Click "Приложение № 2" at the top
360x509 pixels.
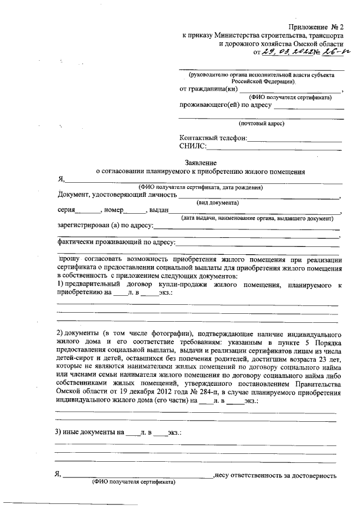coord(316,26)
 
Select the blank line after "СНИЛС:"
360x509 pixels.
coord(274,148)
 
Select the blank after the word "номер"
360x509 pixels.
coord(134,211)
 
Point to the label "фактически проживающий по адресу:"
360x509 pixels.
coord(116,243)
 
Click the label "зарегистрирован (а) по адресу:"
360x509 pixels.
coord(105,226)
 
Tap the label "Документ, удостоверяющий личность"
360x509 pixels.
coord(118,195)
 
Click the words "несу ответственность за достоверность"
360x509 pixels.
coord(276,475)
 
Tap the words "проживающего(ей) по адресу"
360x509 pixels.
coord(225,105)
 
